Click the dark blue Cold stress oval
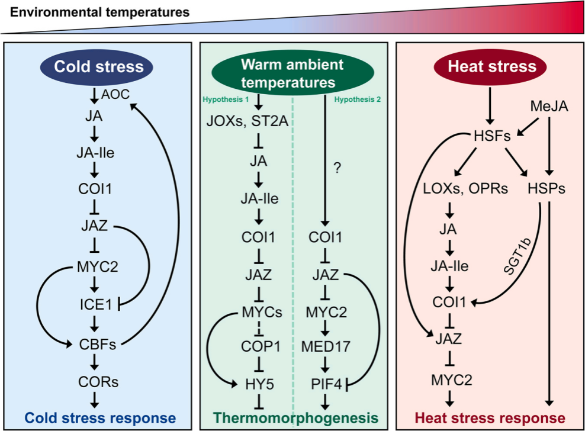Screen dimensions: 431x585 point(98,66)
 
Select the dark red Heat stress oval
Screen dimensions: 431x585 point(492,66)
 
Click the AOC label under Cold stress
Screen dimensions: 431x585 point(115,94)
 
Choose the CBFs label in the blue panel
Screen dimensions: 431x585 point(98,343)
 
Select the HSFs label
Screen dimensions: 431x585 point(492,135)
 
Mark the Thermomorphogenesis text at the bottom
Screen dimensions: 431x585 point(295,417)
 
